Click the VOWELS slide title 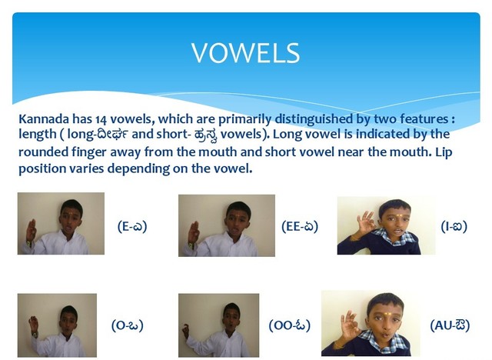pos(245,53)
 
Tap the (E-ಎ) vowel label pos(132,226)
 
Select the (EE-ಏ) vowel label pos(300,226)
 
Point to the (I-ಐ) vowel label pos(454,226)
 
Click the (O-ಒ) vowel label pos(128,325)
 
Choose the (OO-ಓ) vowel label pos(290,325)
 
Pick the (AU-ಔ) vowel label pos(450,325)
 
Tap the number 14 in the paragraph pos(101,119)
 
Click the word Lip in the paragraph pos(444,152)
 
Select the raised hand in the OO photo pos(186,332)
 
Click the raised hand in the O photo pos(33,325)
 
